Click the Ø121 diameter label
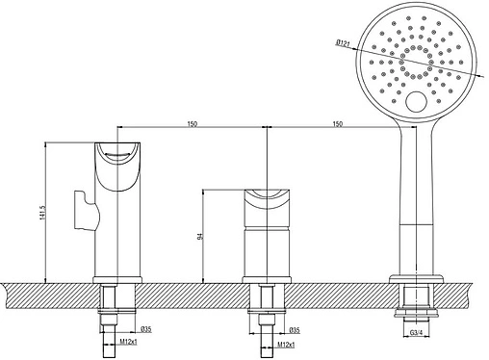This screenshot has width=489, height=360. [343, 42]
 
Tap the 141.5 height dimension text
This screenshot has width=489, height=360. [41, 213]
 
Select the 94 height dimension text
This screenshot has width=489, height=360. [199, 237]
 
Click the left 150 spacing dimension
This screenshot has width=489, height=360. [192, 124]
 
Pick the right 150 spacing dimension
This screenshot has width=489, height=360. [338, 124]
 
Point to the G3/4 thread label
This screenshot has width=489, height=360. [416, 333]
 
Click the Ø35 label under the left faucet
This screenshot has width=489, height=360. [146, 329]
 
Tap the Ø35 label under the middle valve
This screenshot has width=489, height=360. [295, 330]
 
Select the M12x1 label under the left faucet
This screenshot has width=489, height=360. [128, 342]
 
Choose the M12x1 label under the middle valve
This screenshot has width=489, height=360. [286, 345]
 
